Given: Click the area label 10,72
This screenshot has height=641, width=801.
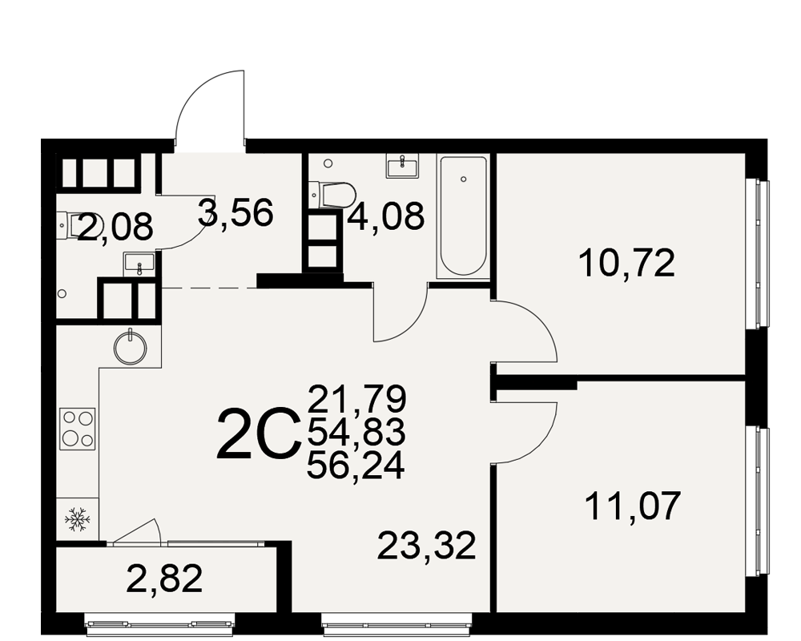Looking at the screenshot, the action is point(627,264).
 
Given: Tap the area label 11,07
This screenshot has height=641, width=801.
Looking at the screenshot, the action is point(633,506).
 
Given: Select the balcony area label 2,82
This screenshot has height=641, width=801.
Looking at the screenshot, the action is point(164,579).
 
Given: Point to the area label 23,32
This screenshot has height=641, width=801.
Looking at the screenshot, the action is point(427,546).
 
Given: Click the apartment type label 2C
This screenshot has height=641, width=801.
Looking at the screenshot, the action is point(259,433).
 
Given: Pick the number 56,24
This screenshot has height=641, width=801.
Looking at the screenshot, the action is point(356,466).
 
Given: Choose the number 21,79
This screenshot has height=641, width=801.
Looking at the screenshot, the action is point(356,399).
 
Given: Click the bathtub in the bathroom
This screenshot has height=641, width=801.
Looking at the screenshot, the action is point(463,216).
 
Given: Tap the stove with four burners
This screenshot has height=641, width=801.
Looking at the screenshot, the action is point(78,429).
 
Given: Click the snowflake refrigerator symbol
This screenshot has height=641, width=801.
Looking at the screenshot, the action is point(77,518).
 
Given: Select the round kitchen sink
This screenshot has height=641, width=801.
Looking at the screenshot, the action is point(131,347).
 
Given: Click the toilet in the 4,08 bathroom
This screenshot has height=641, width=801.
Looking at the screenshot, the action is point(332,195).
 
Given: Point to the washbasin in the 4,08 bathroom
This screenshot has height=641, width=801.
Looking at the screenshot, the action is point(403,165).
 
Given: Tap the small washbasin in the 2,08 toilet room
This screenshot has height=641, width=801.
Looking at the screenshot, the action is point(139,264).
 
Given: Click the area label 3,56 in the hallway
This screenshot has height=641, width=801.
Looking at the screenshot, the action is point(235,213).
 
